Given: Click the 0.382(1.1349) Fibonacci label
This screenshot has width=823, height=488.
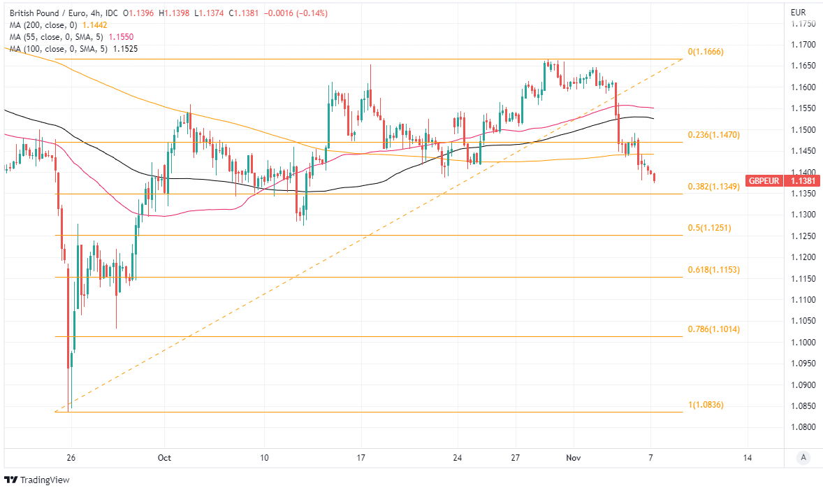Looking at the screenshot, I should (x=713, y=187).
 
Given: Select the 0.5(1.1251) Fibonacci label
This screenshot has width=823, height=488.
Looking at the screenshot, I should (x=709, y=228).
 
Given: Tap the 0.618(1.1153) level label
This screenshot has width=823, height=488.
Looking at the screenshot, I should (x=713, y=270).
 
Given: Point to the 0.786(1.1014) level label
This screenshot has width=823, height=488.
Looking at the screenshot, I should (x=713, y=329).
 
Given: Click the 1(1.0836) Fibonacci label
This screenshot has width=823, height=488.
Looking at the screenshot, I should (x=706, y=405).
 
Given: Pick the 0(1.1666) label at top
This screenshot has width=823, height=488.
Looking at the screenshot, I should (x=706, y=52).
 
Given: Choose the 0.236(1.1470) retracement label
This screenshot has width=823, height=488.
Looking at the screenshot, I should (x=713, y=134).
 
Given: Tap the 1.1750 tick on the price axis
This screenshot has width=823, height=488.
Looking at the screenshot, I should (x=802, y=24).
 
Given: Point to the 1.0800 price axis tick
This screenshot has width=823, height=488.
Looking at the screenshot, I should (x=802, y=427).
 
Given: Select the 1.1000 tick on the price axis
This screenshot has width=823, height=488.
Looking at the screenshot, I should (x=802, y=342).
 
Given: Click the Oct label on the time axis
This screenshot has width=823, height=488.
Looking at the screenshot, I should (x=164, y=458).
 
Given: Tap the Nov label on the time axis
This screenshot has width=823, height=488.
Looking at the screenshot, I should (x=574, y=458).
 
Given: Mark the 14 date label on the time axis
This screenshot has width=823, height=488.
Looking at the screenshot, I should (x=748, y=458).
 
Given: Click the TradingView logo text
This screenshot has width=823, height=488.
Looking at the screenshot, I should (x=43, y=480).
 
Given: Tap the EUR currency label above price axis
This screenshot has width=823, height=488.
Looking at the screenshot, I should (x=798, y=13).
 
